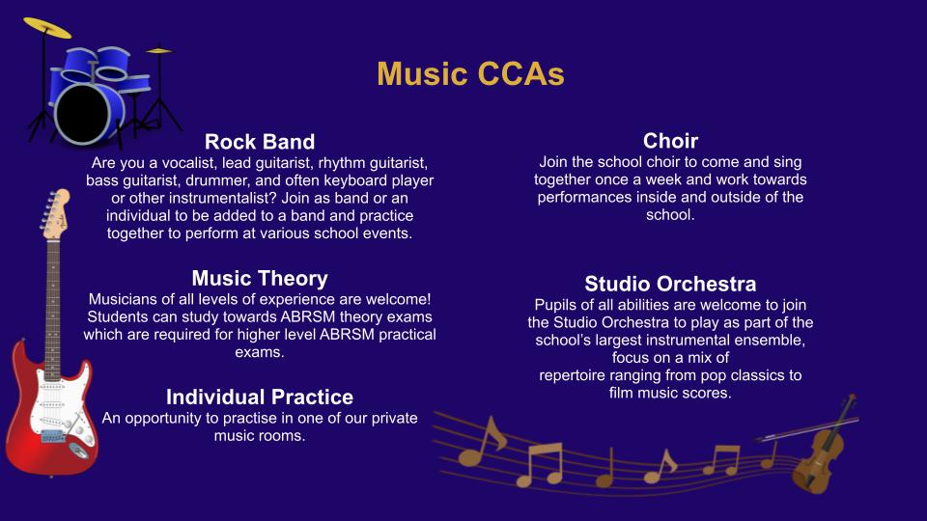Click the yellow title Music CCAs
point(470,74)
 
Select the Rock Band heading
point(260,142)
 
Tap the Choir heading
point(670,141)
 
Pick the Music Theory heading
point(260,278)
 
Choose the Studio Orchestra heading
point(670,284)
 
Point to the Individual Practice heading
point(260,397)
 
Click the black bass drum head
point(83,114)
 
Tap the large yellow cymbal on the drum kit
point(46,27)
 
